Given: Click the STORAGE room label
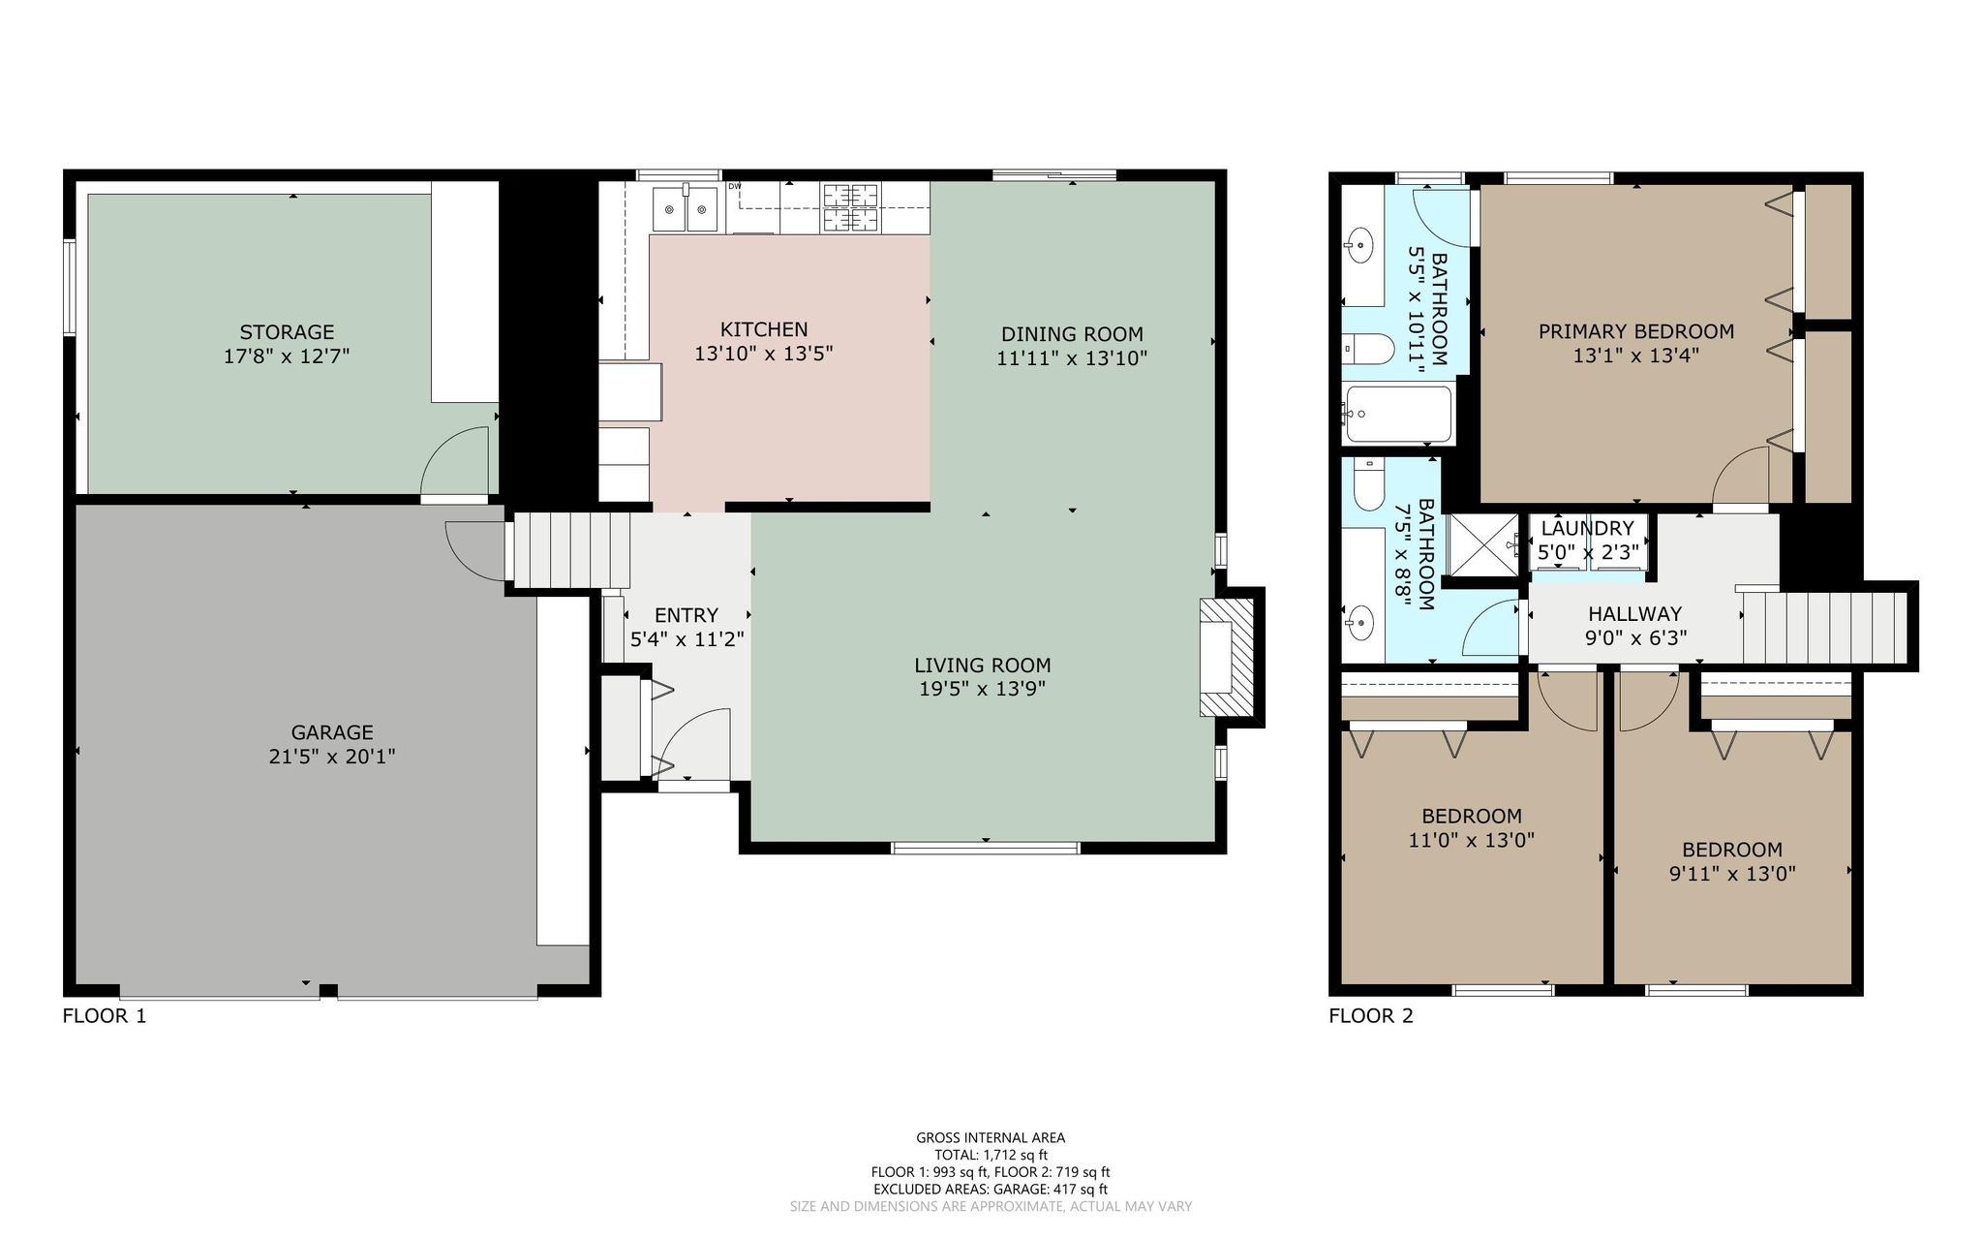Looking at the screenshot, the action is [x=287, y=332].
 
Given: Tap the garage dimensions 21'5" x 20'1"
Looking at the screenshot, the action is [x=332, y=756].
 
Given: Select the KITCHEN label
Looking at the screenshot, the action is [x=764, y=329].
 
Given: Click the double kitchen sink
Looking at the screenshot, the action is [x=686, y=209].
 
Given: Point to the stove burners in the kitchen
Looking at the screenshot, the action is [x=851, y=208].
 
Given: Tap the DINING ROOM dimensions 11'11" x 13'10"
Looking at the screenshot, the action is [x=1072, y=358].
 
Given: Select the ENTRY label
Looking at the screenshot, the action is [x=686, y=615].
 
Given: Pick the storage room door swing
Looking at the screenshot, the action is [x=455, y=461].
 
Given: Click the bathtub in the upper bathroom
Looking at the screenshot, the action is [x=1398, y=415].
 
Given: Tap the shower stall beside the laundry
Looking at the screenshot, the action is [x=1486, y=545].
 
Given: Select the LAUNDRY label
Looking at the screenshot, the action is [x=1588, y=528].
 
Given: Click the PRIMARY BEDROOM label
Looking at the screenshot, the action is [x=1636, y=331].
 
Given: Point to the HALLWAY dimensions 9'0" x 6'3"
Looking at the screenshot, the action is [x=1635, y=638].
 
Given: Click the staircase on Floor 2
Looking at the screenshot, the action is [x=1824, y=628].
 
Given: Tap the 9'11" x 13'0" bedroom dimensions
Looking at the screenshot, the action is [x=1732, y=873].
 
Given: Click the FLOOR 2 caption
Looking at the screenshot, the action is [x=1371, y=1016].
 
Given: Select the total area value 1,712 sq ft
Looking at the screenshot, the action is [x=1015, y=1155].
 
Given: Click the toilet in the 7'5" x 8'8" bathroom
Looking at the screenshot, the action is [x=1368, y=485].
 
